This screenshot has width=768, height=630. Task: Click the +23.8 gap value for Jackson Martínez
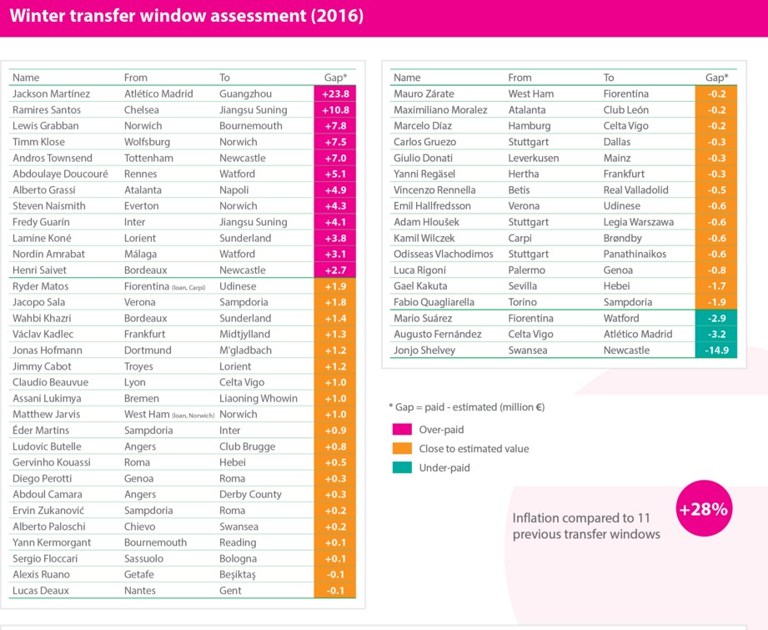334,94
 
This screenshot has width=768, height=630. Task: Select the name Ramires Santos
47,110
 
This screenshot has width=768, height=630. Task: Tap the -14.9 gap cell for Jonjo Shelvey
715,350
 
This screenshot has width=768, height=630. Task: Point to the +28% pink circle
703,509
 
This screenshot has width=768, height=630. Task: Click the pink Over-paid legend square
401,430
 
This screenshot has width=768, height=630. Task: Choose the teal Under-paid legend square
401,467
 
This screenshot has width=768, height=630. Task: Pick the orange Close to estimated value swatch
401,449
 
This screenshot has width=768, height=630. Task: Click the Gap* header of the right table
715,78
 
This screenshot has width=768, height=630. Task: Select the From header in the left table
136,78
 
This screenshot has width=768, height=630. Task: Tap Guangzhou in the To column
245,94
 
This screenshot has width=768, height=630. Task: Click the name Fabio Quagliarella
434,302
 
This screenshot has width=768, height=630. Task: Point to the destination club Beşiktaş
238,575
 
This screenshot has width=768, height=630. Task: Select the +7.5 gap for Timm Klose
334,142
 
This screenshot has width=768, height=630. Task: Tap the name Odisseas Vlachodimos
443,255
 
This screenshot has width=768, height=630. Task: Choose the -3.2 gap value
715,335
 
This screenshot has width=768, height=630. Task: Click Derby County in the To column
250,495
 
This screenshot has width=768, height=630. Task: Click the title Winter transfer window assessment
187,17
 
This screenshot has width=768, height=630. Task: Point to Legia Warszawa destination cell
638,222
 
